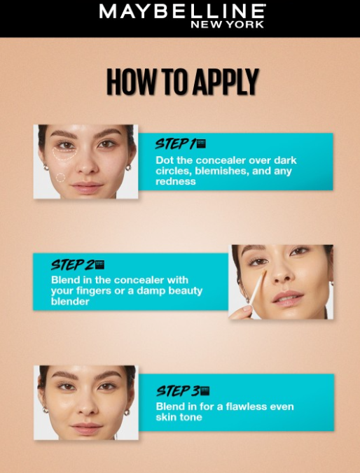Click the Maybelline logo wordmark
(182, 12)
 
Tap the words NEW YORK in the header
(228, 24)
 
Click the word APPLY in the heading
(226, 82)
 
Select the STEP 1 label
(176, 144)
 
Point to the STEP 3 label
(178, 391)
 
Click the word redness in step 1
(176, 181)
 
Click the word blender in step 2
(70, 302)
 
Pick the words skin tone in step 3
(179, 417)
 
